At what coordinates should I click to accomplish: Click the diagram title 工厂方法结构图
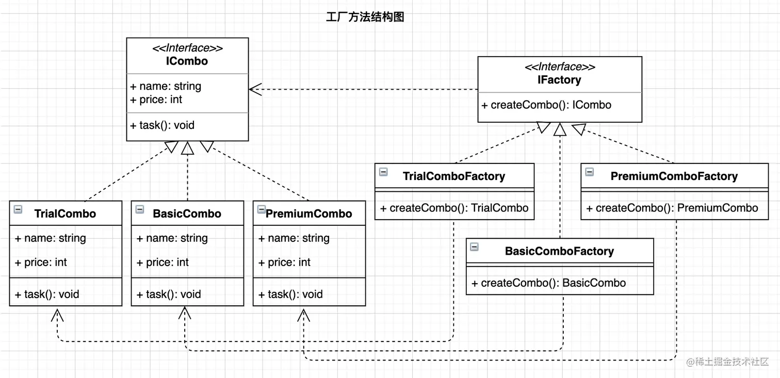(365, 17)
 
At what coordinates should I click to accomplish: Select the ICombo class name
(187, 61)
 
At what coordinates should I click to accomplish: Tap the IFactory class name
(559, 80)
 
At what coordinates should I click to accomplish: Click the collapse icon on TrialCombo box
(18, 209)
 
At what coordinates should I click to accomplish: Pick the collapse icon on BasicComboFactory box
(474, 247)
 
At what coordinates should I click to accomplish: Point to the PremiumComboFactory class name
(674, 176)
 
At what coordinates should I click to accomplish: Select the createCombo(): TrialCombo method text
(454, 208)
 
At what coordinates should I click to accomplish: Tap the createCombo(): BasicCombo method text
(548, 283)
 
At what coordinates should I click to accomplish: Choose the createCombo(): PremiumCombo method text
(672, 208)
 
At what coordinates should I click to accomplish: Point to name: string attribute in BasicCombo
(172, 238)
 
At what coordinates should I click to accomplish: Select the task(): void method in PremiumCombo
(290, 294)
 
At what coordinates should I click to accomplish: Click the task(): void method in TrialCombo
(47, 294)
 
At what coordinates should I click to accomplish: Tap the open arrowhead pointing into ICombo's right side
(255, 89)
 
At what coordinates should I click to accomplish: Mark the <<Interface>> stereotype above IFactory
(560, 67)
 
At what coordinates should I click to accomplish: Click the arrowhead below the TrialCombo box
(57, 314)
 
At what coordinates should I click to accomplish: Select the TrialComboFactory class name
(453, 176)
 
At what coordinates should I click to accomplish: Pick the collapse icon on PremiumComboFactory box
(589, 172)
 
